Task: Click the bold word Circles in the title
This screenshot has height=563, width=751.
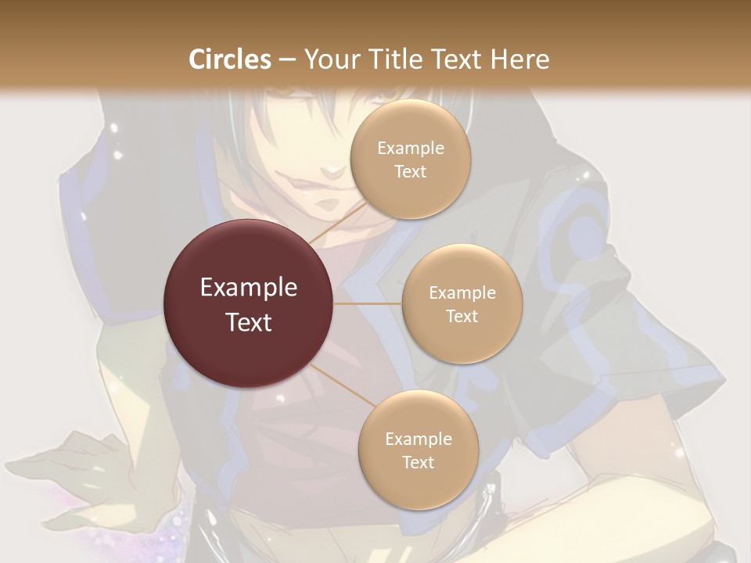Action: (x=229, y=59)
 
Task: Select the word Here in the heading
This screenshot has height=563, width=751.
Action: (x=520, y=59)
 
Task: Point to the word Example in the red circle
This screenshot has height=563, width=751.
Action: (x=248, y=288)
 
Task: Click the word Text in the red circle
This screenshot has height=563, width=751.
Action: (x=248, y=322)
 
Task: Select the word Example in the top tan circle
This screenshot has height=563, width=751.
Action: (x=410, y=149)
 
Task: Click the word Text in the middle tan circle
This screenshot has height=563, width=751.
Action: (x=462, y=317)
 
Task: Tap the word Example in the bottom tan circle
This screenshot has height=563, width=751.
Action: (x=418, y=439)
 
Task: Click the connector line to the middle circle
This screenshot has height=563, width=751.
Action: (x=368, y=303)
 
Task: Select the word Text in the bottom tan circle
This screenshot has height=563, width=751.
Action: (x=418, y=463)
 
